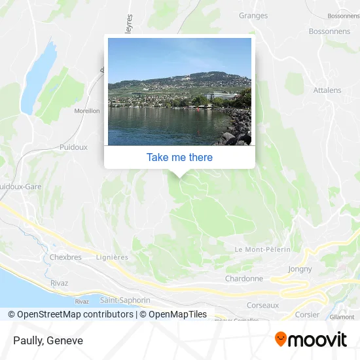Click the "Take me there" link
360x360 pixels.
coord(179,157)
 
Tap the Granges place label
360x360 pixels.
coord(253,16)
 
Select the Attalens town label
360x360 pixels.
coord(328,90)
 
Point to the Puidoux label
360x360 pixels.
coord(73,147)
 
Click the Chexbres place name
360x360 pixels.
coord(65,257)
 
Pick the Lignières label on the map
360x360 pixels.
coord(112,257)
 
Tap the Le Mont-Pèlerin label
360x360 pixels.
coord(262,249)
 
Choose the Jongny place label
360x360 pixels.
coord(300,269)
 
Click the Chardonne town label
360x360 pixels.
coord(244,278)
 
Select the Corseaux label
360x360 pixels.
coord(262,305)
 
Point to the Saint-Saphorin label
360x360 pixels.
coord(126,300)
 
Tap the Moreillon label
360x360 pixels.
coord(87,111)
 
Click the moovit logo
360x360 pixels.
coord(310,339)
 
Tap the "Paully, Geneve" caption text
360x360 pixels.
coord(48,340)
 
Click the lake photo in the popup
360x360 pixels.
coord(179,92)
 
